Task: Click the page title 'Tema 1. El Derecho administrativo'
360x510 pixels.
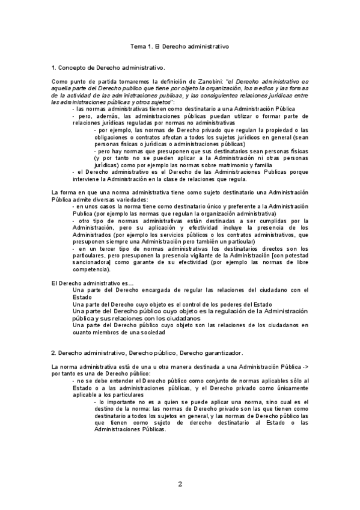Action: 180,46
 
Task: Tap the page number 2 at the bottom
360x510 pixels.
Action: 180,484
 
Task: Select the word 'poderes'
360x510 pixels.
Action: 231,304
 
